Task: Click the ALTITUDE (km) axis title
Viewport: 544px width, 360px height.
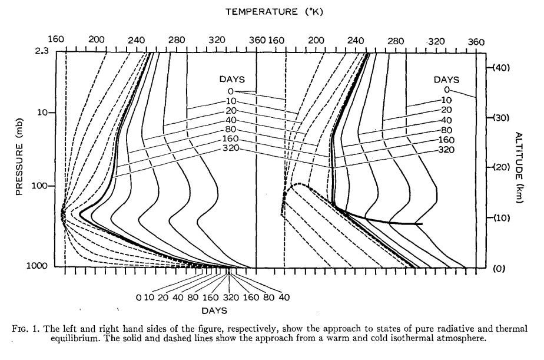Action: pos(521,167)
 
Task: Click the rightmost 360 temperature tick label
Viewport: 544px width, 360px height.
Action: pos(476,42)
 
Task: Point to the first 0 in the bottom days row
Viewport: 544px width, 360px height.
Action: pos(138,298)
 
